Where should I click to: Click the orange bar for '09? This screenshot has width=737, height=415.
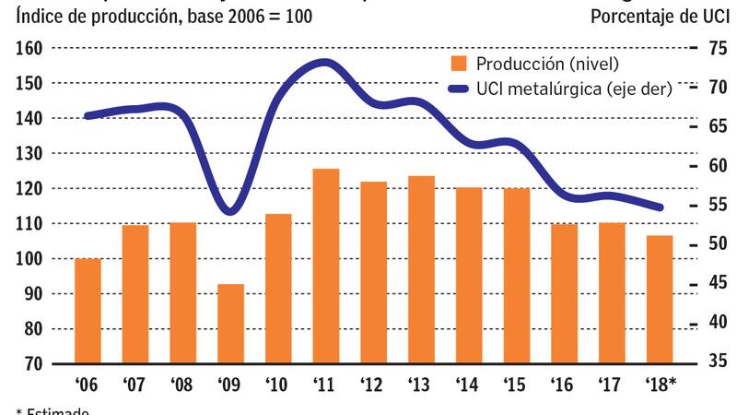231,324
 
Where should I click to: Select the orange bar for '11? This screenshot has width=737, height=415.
326,266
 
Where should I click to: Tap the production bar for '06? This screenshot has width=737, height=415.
88,311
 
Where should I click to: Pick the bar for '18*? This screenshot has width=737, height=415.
660,300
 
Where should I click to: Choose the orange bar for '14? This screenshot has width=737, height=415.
470,275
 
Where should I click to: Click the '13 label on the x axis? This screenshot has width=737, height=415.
421,385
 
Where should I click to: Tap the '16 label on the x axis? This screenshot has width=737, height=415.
564,385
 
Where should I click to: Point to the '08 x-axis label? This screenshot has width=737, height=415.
182,385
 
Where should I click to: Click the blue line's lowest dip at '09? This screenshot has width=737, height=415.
231,211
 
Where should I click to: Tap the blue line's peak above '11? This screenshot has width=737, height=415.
326,63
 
